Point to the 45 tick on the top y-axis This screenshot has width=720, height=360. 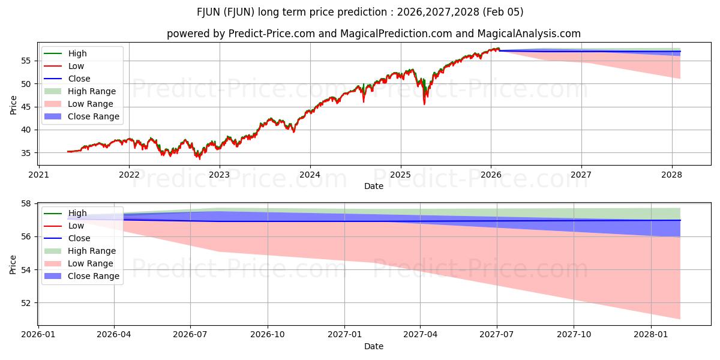[26, 107]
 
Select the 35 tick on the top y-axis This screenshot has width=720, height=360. [26, 153]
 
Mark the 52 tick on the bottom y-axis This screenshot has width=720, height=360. [26, 303]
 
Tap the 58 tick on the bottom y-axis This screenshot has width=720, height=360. [26, 203]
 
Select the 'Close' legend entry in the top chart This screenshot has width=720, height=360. [79, 79]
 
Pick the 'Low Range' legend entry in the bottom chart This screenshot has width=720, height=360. [90, 263]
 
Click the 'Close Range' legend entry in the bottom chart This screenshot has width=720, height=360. [93, 276]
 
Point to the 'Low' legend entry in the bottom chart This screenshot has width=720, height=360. [76, 226]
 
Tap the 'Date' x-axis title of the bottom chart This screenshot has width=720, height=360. [373, 346]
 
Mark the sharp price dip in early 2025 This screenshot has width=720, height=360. [425, 103]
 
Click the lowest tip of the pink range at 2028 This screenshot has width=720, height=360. [680, 318]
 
